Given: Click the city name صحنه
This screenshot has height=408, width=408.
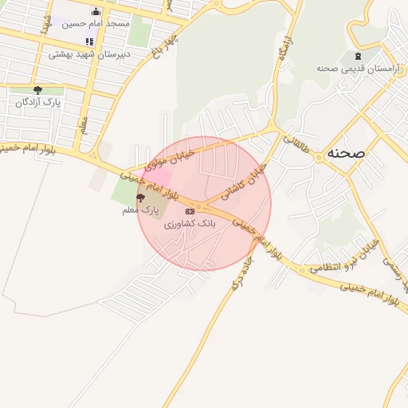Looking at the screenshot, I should tap(345, 153).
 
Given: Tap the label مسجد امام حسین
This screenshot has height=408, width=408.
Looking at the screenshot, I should tap(97, 25).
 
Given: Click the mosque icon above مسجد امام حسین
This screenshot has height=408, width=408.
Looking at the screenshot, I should tap(96, 11).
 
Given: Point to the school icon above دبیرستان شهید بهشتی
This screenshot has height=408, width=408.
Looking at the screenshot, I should tap(89, 41).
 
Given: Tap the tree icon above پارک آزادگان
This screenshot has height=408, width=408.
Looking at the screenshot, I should tap(37, 90).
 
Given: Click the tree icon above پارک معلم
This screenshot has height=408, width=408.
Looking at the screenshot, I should tap(140, 198).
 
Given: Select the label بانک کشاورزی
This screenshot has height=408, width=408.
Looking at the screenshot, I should tap(190, 225).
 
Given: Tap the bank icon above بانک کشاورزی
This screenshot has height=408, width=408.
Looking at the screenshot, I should tap(190, 211).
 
